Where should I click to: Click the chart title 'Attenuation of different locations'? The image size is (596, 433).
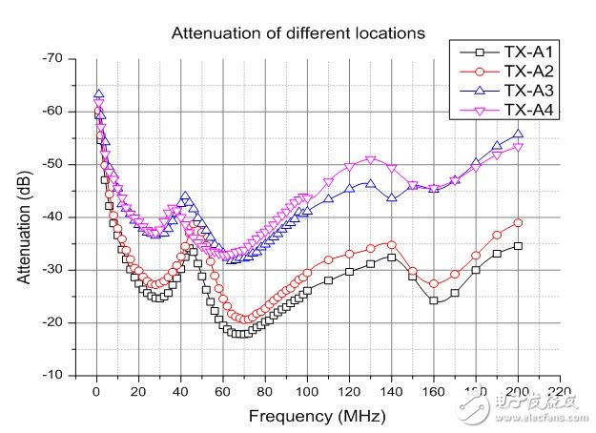[x=298, y=33]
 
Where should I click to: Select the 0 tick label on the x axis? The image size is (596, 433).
[x=96, y=391]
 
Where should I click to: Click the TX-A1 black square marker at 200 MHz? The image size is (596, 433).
[x=518, y=245]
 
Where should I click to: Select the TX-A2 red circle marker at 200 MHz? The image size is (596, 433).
[x=518, y=222]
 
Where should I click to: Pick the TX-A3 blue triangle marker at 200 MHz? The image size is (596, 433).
[x=518, y=134]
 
